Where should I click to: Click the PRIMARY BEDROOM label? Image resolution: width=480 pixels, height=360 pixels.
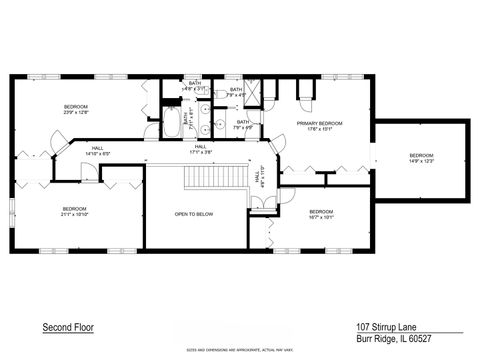coord(319,123)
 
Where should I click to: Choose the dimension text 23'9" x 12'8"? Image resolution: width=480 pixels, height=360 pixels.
coord(76,113)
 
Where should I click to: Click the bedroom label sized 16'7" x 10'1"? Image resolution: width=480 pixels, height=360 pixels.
coord(321,217)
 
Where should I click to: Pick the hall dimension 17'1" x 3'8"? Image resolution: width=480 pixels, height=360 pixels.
coord(200,152)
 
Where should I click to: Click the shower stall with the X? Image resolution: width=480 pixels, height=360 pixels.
coord(254,91)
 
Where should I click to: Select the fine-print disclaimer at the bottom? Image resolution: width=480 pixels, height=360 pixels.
coord(239,350)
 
